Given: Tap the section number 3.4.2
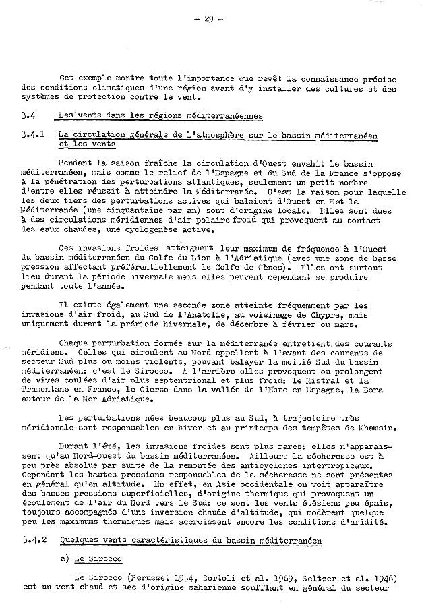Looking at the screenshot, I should coord(31,540).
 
